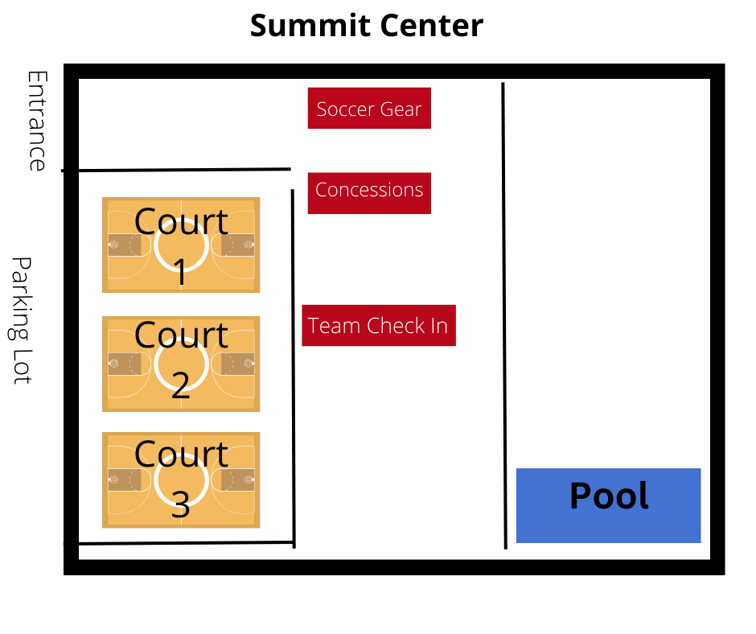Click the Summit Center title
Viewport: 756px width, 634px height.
[x=366, y=26]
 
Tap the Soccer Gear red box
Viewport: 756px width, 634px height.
[x=369, y=109]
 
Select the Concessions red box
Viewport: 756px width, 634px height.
[x=369, y=193]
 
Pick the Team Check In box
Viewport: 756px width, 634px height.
[x=379, y=326]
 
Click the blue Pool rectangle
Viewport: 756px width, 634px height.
[x=608, y=505]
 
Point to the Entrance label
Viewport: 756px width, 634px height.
[x=36, y=121]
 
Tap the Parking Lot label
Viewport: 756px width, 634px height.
[x=22, y=320]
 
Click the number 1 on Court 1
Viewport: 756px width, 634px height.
[x=181, y=271]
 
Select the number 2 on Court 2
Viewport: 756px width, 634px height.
[x=181, y=385]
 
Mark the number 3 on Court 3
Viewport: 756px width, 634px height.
[x=181, y=504]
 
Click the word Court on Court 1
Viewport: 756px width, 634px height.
[x=181, y=221]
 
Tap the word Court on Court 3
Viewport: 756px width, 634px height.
[x=181, y=454]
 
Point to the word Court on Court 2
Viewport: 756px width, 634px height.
[x=181, y=335]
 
